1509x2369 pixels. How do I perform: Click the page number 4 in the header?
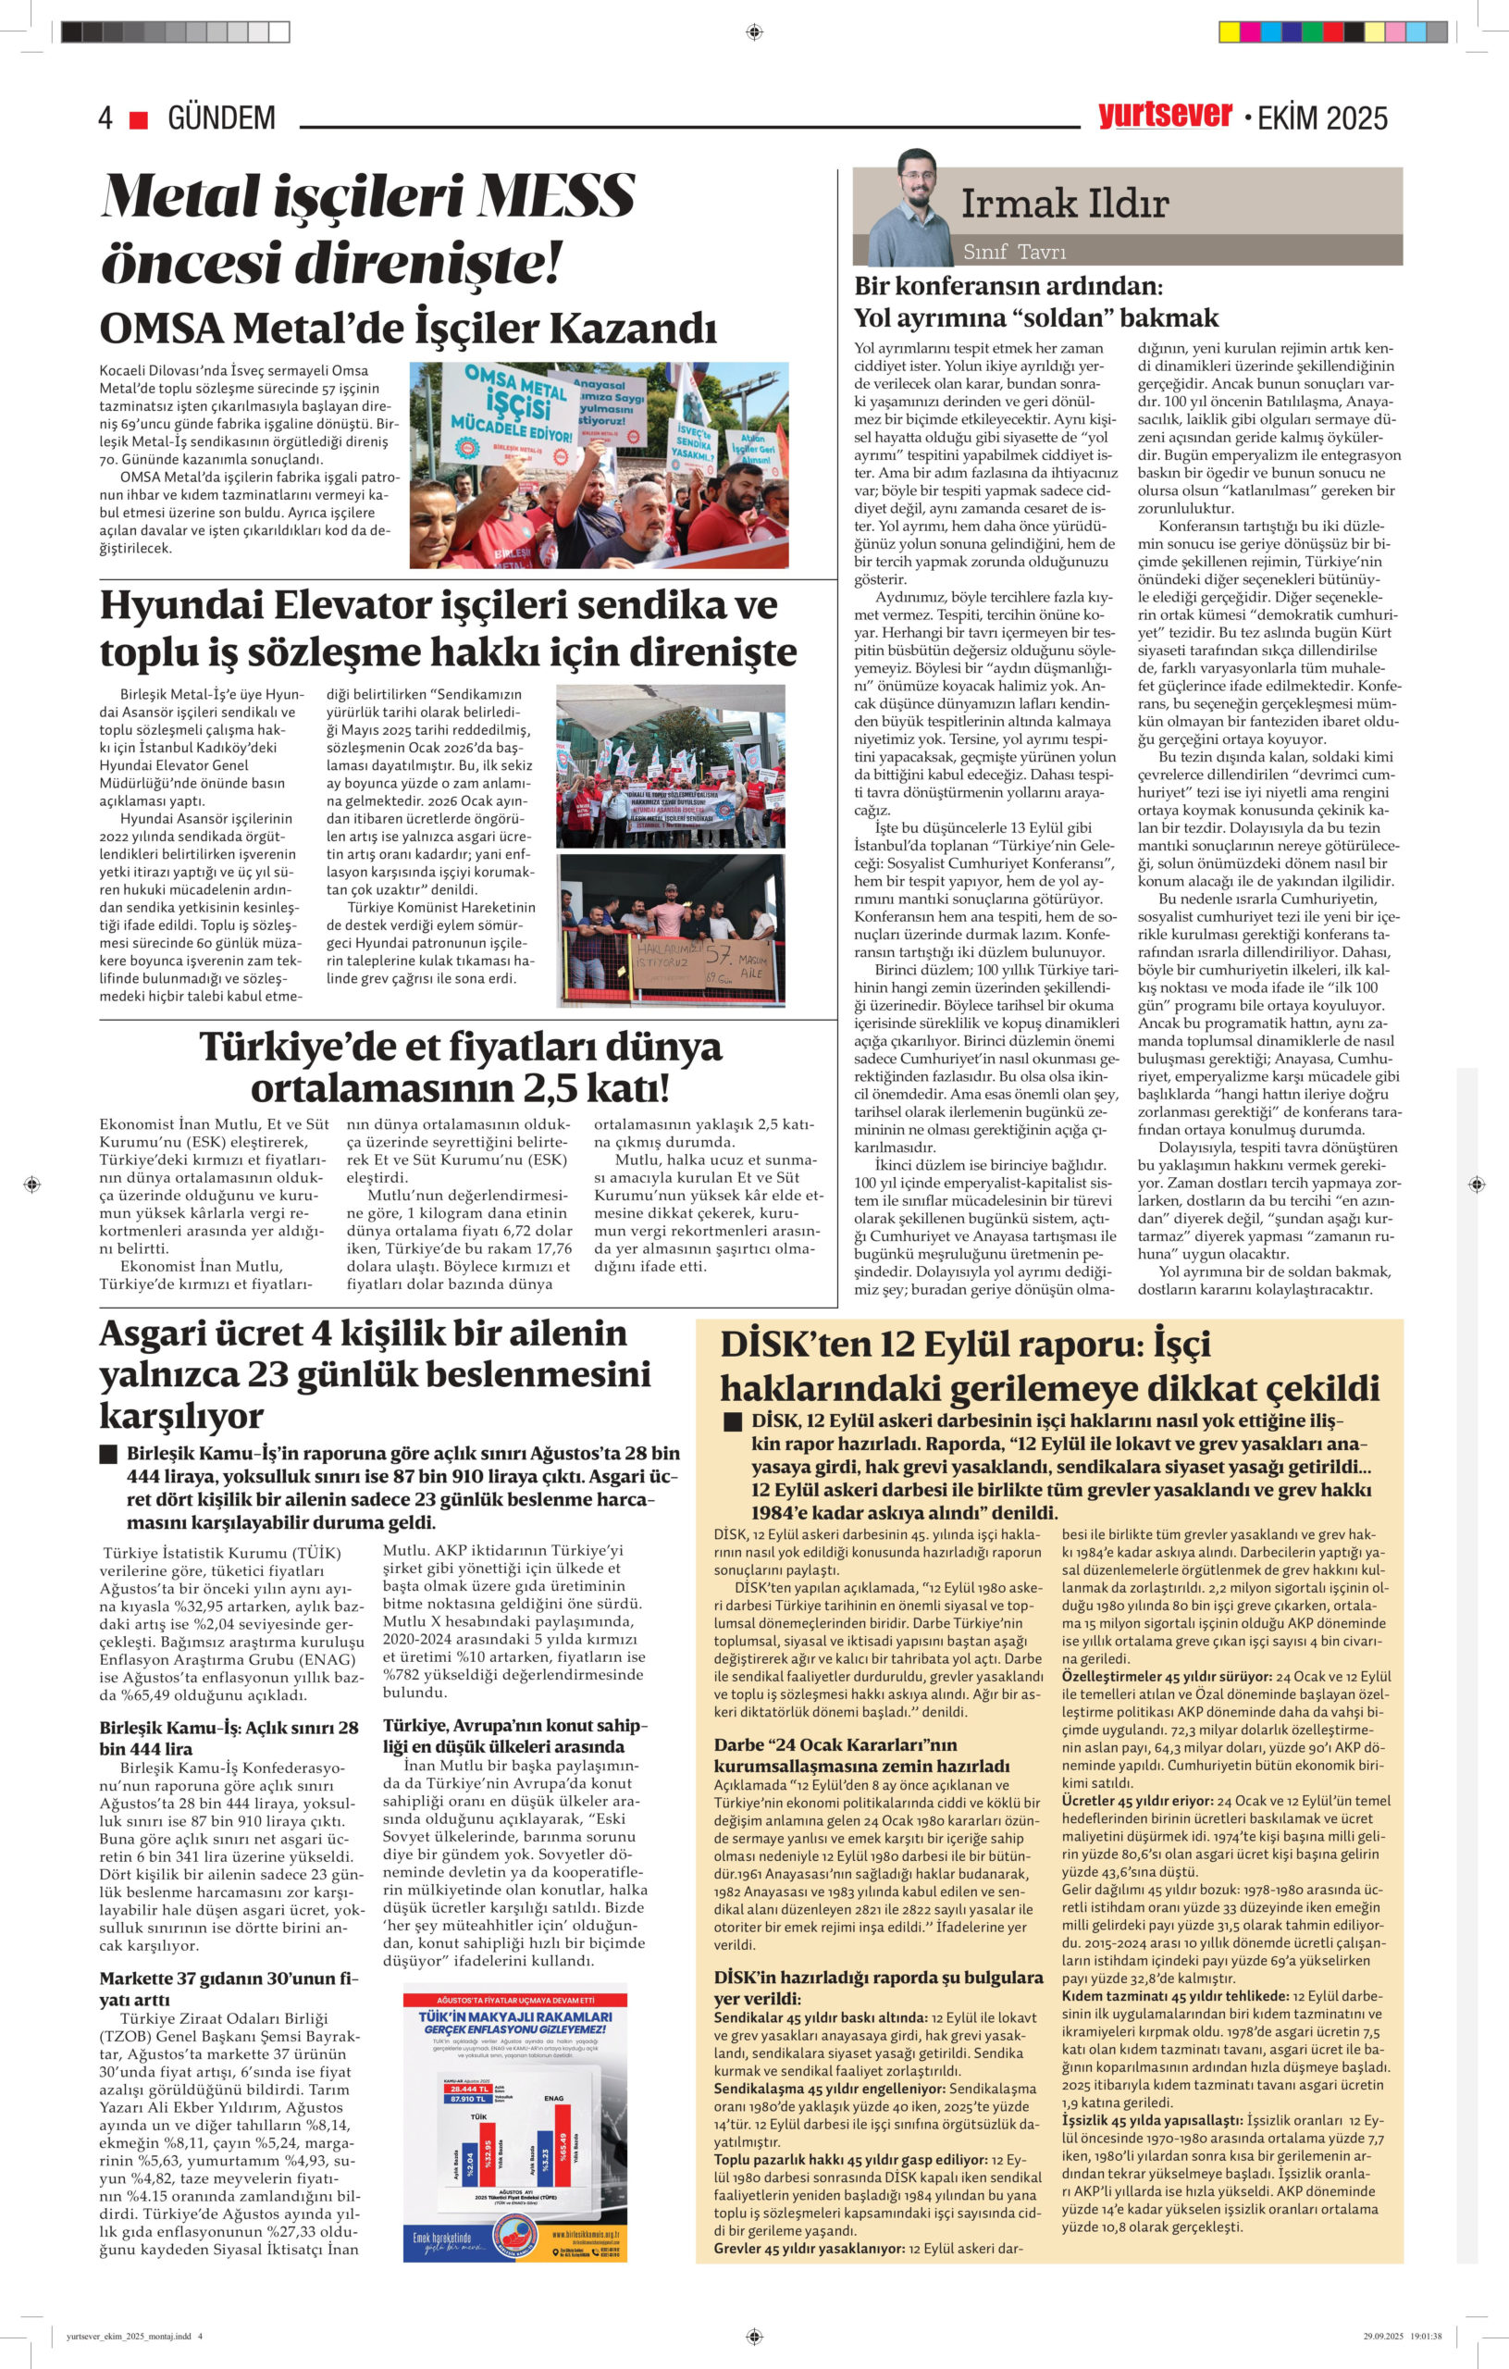tap(105, 119)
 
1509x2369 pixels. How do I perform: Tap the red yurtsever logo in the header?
tap(1165, 115)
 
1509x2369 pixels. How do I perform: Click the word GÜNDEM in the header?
tap(221, 119)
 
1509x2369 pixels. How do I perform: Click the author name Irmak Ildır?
tap(1064, 204)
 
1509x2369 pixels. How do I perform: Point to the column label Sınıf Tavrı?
tap(1014, 251)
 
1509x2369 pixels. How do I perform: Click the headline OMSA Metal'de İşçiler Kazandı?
tap(408, 329)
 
